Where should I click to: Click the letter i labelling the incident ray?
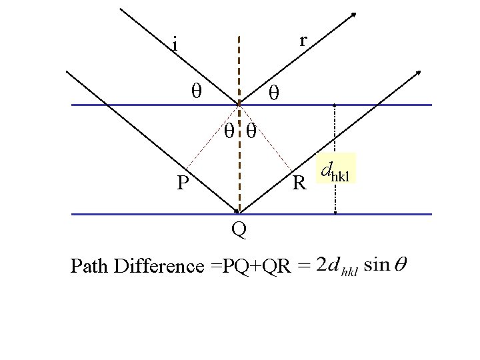click(x=174, y=46)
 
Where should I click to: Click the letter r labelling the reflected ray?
click(x=303, y=41)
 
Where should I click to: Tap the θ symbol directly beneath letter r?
click(x=273, y=93)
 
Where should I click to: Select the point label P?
click(x=183, y=182)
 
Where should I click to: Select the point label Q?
click(x=239, y=230)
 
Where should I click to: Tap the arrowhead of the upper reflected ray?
click(x=353, y=14)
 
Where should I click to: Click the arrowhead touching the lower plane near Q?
click(x=236, y=209)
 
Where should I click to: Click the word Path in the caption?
click(x=91, y=267)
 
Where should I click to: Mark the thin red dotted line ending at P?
click(x=207, y=140)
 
